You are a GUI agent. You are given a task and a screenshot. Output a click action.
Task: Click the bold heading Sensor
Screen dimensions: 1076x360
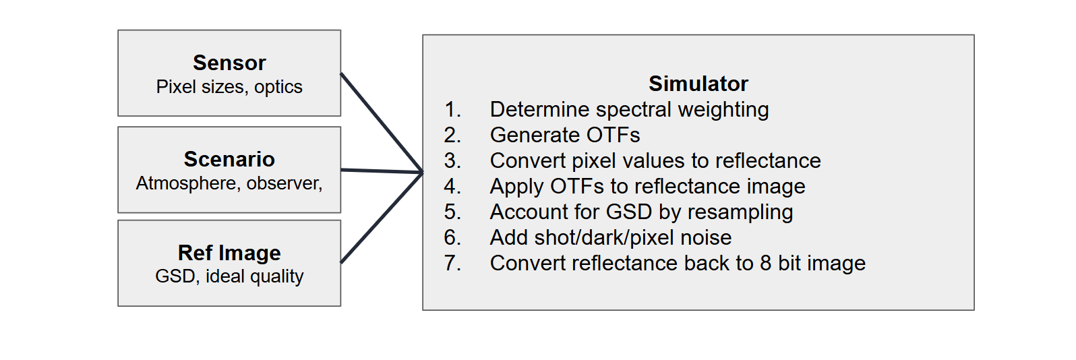click(x=229, y=63)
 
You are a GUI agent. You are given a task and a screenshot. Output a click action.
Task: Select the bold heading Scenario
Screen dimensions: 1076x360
click(x=229, y=159)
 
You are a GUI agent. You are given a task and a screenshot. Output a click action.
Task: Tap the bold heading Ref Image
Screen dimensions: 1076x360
click(x=229, y=253)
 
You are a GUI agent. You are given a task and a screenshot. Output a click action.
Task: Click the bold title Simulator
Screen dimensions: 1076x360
click(x=698, y=84)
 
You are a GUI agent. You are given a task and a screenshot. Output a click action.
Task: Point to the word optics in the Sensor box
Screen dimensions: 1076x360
click(x=278, y=88)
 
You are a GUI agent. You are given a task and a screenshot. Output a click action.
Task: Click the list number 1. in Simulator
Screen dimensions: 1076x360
click(x=452, y=110)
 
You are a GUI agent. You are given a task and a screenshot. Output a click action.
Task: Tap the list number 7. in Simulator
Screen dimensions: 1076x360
click(x=452, y=264)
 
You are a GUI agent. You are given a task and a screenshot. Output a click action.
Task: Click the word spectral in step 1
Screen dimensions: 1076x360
click(x=633, y=110)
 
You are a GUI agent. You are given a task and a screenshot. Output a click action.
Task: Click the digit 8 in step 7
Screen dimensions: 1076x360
click(x=765, y=264)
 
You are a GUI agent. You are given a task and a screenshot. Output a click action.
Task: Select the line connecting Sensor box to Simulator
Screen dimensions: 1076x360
click(x=382, y=123)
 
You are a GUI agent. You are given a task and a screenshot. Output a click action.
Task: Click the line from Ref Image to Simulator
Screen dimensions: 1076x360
click(x=382, y=218)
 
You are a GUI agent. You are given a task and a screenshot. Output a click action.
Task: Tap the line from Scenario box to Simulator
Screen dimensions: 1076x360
click(x=382, y=171)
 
